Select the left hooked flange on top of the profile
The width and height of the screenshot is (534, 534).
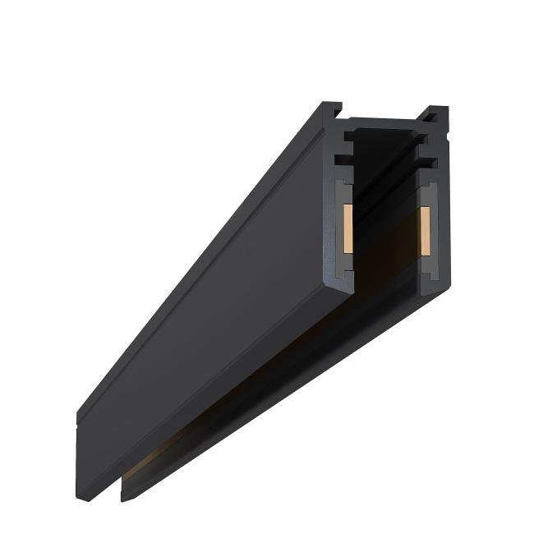coord(332,109)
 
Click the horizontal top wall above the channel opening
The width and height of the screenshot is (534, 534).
coord(386,124)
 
